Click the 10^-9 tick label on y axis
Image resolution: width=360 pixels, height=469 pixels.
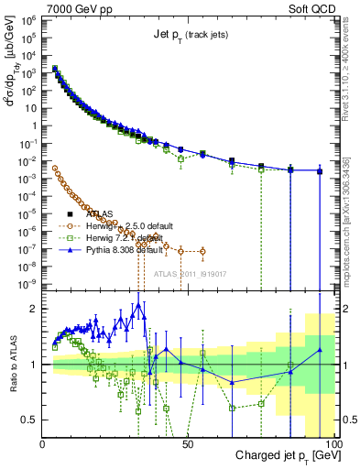tap(29, 284)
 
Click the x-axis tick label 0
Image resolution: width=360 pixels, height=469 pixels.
tap(43, 444)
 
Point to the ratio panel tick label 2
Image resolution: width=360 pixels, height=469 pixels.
tap(33, 309)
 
